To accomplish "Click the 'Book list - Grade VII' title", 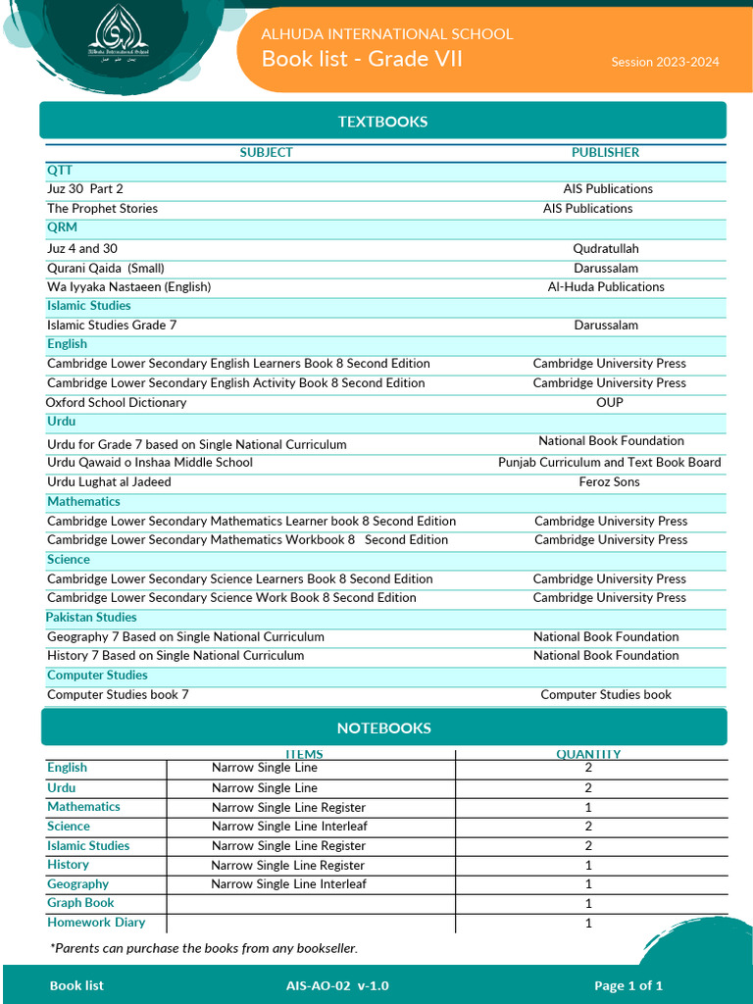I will [362, 59].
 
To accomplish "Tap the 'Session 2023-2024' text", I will [665, 62].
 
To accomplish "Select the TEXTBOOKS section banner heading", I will [382, 122].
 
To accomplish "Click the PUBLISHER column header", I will [605, 152].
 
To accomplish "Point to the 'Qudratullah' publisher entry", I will [605, 249].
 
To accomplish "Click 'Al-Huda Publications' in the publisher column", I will [605, 287].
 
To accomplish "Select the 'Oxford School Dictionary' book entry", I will [116, 403].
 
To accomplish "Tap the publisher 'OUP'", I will [609, 403].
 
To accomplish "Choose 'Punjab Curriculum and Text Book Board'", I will [609, 462].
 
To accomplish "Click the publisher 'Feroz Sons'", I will [609, 481].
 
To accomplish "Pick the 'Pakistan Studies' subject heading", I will [91, 617].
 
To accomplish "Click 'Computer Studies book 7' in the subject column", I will [118, 694].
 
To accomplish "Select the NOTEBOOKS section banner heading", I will [383, 728].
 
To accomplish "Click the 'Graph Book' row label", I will [80, 903].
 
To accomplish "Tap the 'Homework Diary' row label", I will [96, 923].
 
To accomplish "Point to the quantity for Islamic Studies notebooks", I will [588, 846].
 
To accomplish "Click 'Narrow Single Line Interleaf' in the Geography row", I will [288, 884].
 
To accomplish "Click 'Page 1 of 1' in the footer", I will [628, 985].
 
